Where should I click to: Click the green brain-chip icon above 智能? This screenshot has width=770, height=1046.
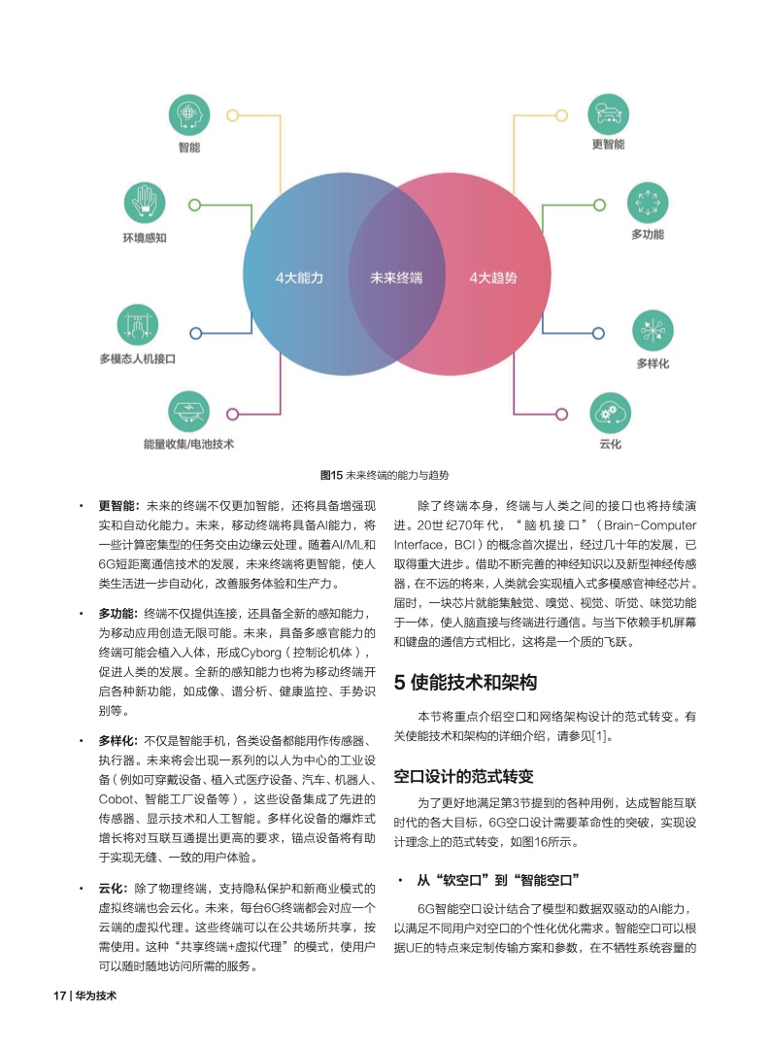coord(189,115)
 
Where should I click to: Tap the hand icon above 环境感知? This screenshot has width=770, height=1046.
coord(144,203)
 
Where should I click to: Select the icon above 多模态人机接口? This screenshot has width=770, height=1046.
coord(137,325)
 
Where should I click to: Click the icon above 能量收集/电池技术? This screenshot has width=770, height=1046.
coord(188,412)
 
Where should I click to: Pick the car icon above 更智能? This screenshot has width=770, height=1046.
coord(608,114)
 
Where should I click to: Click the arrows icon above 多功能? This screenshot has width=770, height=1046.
coord(648,203)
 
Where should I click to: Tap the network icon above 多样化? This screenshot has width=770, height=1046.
coord(653,330)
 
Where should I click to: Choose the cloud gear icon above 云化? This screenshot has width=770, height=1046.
coord(610,413)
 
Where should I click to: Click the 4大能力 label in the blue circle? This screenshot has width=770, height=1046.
coord(299,278)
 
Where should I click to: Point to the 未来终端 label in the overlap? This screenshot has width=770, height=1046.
coord(396,278)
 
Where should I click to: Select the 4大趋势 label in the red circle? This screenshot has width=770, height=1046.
coord(493,278)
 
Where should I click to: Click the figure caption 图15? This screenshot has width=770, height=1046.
coord(331,475)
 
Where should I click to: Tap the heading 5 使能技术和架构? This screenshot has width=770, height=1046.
coord(465,683)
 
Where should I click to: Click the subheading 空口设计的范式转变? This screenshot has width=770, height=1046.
coord(463,777)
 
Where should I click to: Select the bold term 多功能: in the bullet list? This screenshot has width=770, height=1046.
coord(118,614)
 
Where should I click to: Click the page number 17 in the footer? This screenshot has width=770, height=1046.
coord(59,995)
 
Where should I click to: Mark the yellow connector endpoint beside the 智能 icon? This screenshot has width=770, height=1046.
coord(232,116)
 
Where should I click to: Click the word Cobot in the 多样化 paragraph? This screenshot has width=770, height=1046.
coord(116,799)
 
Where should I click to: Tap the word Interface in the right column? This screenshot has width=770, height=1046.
coord(418,544)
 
